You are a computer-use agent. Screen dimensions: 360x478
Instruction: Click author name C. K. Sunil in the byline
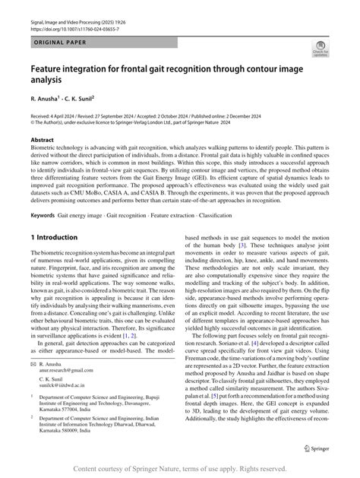87,99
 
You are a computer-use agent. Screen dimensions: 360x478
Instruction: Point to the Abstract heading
43,141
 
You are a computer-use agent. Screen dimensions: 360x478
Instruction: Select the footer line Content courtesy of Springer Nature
180,468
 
